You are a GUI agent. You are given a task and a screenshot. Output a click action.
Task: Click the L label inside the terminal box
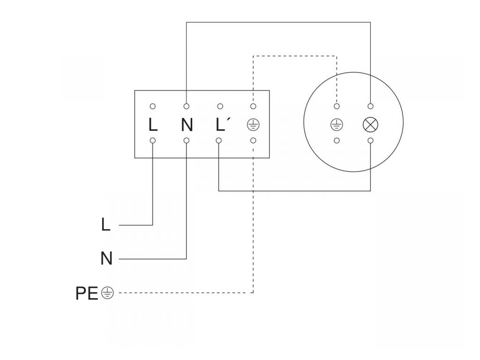point(153,125)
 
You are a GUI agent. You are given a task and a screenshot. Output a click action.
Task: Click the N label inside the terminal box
point(187,125)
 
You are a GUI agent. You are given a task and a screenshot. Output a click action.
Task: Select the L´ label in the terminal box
point(222,125)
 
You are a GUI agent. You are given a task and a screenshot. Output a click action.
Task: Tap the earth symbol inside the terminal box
point(253,125)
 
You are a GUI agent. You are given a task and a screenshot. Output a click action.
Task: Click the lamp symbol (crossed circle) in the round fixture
point(370,125)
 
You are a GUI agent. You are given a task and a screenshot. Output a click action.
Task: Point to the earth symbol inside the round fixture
point(337,125)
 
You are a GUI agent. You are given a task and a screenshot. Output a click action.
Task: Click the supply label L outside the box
point(106,225)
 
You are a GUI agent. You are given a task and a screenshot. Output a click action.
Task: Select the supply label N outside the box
point(106,258)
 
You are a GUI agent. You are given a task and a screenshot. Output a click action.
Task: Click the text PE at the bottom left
point(87,293)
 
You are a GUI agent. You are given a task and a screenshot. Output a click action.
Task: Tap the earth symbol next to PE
point(107,293)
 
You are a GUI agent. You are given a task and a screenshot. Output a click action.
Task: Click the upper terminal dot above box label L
point(153,106)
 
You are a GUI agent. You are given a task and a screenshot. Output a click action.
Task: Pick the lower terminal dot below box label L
point(153,140)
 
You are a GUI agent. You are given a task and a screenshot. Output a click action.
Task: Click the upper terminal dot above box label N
point(187,106)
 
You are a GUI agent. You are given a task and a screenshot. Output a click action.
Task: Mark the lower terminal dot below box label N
point(187,140)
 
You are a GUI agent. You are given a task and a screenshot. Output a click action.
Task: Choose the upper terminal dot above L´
point(219,106)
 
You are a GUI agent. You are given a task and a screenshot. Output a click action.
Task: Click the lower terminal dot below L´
point(219,140)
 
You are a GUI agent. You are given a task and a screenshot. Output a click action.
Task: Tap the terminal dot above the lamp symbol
point(370,106)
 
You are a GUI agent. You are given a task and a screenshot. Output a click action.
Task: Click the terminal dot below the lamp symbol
point(370,140)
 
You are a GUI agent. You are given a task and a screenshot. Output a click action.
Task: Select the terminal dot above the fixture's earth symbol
point(337,106)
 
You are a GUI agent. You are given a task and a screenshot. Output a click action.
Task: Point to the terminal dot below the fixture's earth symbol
point(337,140)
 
